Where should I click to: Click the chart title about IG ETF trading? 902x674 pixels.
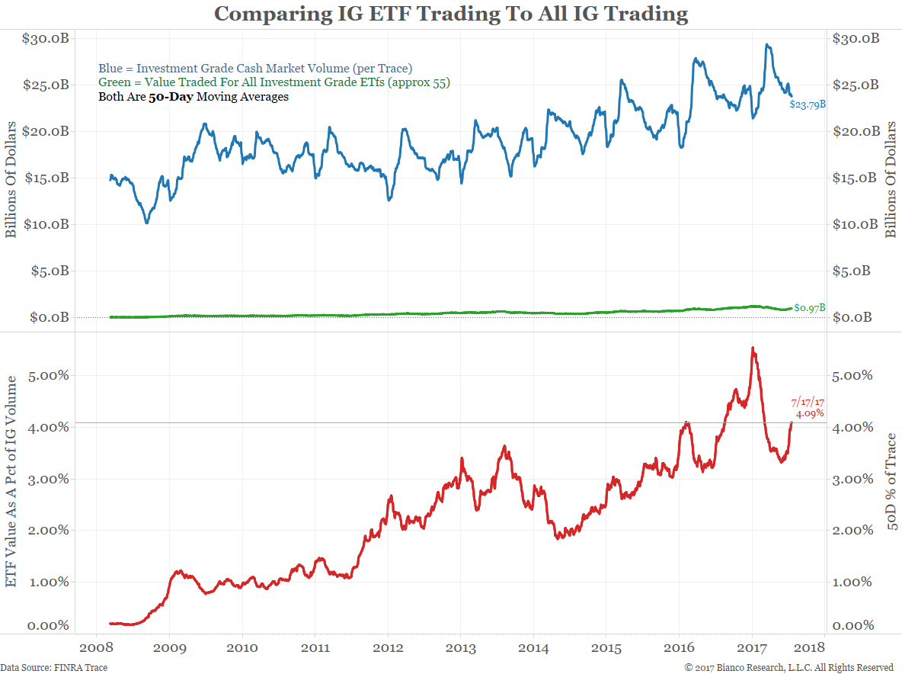(451, 14)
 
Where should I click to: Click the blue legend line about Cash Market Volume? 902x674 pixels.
(256, 69)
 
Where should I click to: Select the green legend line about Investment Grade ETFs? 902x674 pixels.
(274, 82)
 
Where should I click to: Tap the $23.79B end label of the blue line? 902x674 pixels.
(807, 105)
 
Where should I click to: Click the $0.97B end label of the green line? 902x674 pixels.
(808, 307)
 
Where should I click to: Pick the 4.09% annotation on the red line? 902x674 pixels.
(809, 413)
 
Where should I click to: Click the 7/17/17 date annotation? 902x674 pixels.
(808, 400)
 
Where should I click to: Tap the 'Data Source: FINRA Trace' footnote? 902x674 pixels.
(54, 668)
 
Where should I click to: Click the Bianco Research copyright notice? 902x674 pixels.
(788, 668)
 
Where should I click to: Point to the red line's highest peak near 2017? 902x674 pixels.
(753, 348)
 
